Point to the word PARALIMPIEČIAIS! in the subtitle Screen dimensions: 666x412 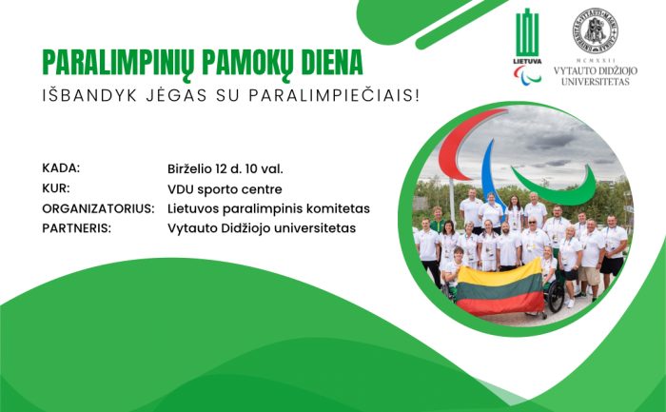[334, 95]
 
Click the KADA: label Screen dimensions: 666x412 [61, 168]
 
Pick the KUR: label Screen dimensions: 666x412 [56, 188]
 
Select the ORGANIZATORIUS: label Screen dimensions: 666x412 [98, 208]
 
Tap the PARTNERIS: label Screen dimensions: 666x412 [76, 228]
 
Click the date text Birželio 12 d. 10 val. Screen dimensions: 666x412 [225, 169]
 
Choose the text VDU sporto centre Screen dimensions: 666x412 [225, 189]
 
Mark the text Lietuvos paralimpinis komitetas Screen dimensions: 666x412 [268, 209]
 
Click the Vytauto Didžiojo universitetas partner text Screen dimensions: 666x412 [262, 228]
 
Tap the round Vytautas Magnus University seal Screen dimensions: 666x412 [595, 30]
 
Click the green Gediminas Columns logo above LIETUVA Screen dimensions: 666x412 [527, 33]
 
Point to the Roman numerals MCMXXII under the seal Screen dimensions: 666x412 [595, 61]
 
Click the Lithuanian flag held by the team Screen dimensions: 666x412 [500, 287]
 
